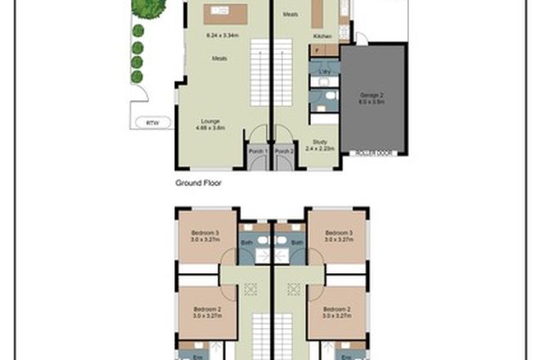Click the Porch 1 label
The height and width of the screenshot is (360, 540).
259,151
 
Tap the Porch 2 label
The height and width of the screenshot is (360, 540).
283,151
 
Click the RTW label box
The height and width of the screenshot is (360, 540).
151,123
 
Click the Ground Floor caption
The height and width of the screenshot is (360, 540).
199,183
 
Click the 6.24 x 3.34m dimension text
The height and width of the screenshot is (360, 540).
222,36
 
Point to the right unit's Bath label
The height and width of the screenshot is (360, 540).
297,243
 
